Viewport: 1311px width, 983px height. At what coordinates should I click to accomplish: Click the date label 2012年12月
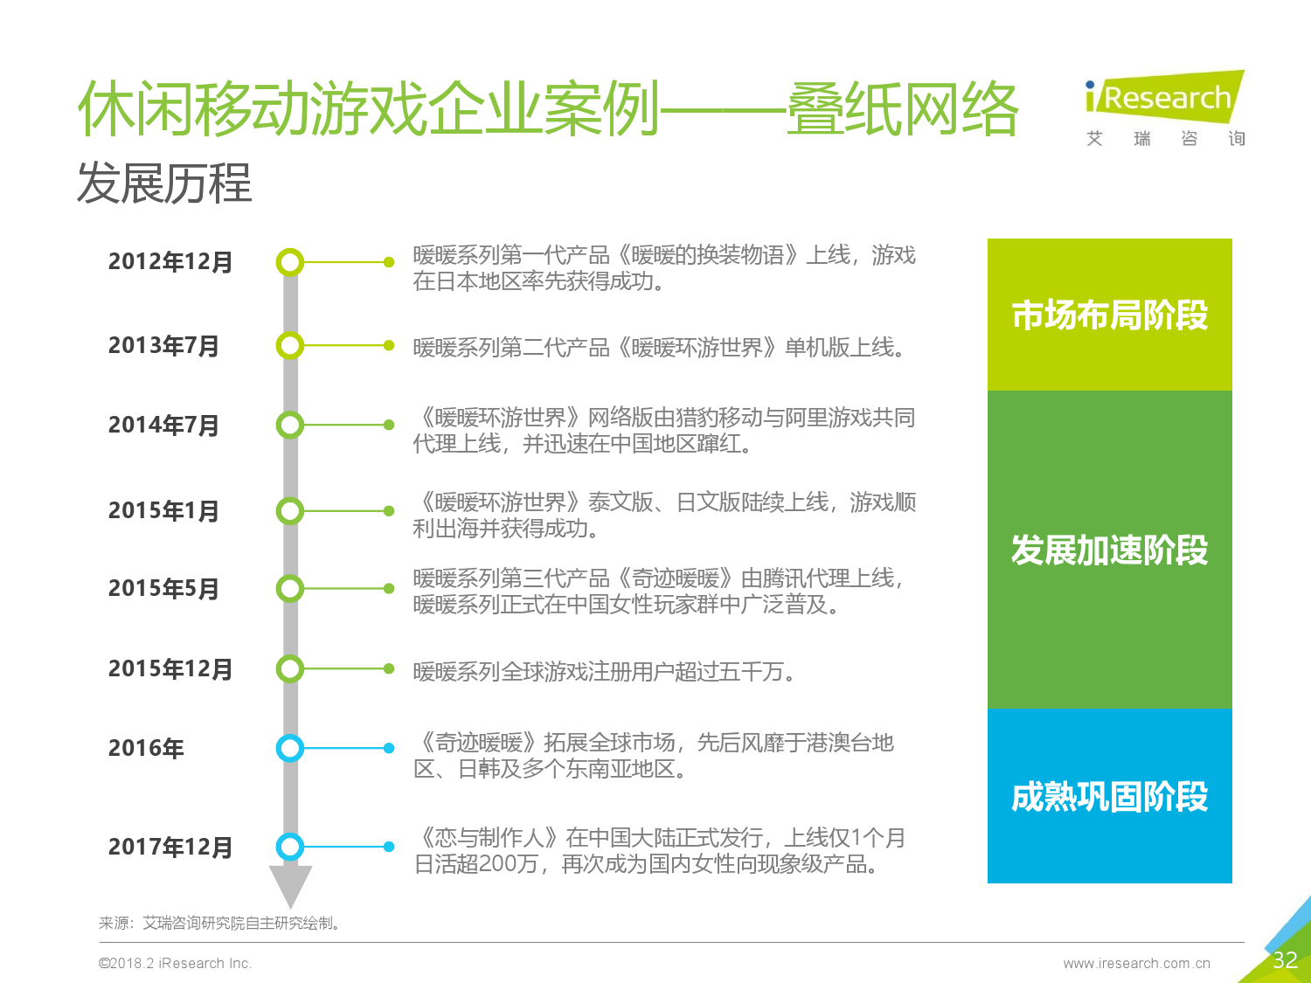pyautogui.click(x=170, y=262)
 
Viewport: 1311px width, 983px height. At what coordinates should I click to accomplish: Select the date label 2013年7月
pyautogui.click(x=163, y=345)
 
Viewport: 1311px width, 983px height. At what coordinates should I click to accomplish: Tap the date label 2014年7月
pyautogui.click(x=163, y=425)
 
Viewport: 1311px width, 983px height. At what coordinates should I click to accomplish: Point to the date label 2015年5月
pyautogui.click(x=163, y=588)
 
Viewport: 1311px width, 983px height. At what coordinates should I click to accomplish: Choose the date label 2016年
pyautogui.click(x=146, y=748)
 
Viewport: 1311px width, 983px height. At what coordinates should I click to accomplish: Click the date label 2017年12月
pyautogui.click(x=170, y=847)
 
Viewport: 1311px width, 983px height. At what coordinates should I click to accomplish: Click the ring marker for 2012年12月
pyautogui.click(x=278, y=262)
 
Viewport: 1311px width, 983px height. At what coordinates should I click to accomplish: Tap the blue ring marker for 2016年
pyautogui.click(x=278, y=748)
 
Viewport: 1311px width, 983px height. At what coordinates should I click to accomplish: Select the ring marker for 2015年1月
pyautogui.click(x=278, y=511)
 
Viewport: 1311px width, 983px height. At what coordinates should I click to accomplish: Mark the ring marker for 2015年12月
pyautogui.click(x=278, y=668)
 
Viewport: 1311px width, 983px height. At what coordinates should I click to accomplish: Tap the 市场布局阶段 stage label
pyautogui.click(x=1109, y=315)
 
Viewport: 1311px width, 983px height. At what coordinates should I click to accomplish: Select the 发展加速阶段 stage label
pyautogui.click(x=1109, y=550)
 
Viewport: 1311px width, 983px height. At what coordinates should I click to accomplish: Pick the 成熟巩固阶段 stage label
pyautogui.click(x=1109, y=796)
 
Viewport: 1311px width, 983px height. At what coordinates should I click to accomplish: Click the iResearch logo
pyautogui.click(x=1165, y=108)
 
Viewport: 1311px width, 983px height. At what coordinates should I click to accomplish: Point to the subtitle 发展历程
pyautogui.click(x=164, y=183)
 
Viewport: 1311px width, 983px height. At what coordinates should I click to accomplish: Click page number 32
pyautogui.click(x=1285, y=959)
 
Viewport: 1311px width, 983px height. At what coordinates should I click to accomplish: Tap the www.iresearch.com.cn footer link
pyautogui.click(x=1136, y=963)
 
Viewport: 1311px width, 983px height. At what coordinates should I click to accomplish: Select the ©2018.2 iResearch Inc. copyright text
pyautogui.click(x=175, y=963)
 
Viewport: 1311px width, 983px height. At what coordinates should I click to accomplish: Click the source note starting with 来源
pyautogui.click(x=219, y=923)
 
